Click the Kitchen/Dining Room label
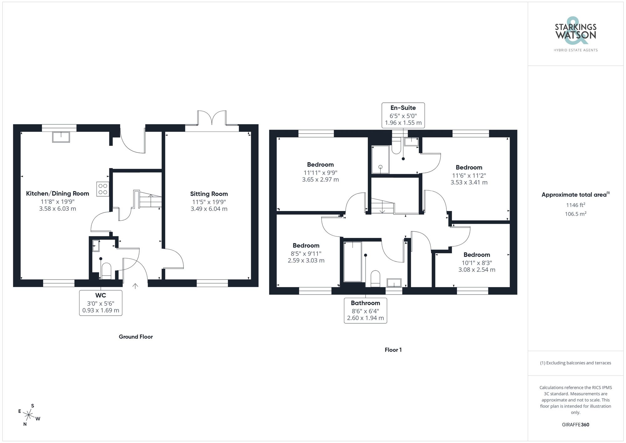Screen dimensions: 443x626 (58, 193)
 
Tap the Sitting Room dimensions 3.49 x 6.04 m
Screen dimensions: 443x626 (209, 209)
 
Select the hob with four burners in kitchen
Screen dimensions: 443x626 (103, 189)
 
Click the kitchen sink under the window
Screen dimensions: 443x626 (61, 137)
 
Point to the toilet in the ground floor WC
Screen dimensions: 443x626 (106, 271)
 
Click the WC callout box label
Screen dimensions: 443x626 (100, 295)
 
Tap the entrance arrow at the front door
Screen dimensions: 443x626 (135, 286)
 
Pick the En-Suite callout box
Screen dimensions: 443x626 (403, 115)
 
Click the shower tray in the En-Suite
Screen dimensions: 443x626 (380, 160)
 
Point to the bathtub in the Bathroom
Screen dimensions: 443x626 (352, 261)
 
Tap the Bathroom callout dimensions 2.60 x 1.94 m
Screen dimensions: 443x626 (365, 318)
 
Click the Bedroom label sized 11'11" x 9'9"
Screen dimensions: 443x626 (320, 165)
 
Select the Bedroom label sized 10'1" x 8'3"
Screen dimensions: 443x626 (476, 255)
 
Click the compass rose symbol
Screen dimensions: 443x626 (29, 415)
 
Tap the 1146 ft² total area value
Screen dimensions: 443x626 (575, 205)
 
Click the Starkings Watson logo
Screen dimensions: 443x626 (575, 34)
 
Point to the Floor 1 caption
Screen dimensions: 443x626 (393, 350)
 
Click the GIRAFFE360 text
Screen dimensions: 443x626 (575, 425)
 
